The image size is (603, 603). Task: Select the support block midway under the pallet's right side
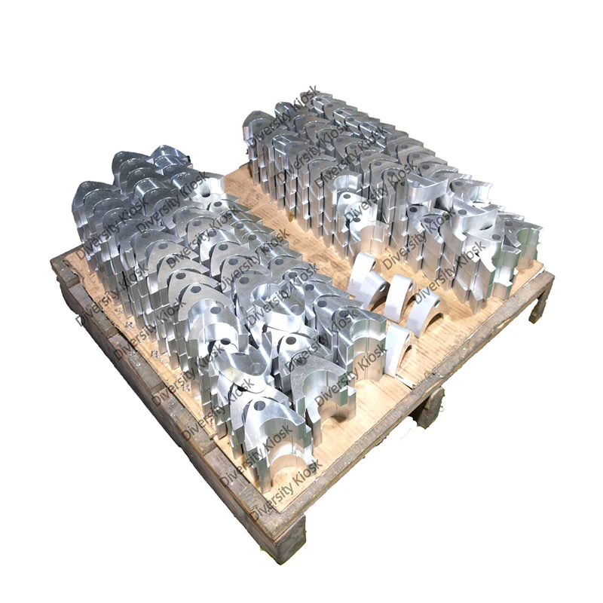tap(428, 407)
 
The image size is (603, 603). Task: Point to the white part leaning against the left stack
tap(398, 350)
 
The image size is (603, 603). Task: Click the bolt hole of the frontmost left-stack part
tap(260, 405)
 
